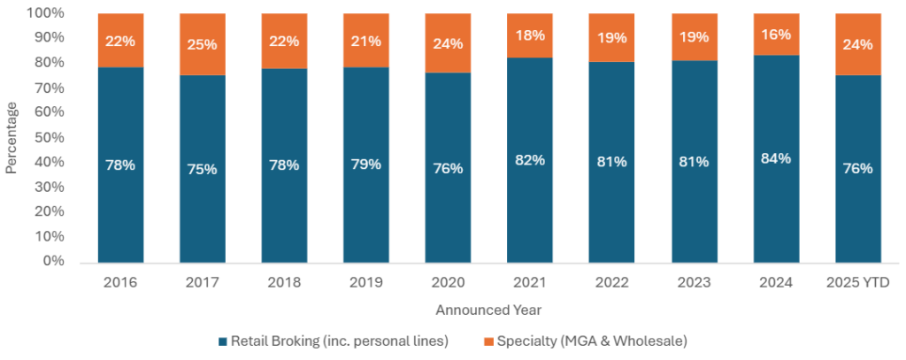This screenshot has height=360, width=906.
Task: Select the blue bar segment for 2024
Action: [x=776, y=203]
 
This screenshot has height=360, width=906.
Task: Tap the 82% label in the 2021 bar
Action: [x=530, y=160]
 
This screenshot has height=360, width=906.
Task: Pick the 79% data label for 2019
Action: [x=366, y=164]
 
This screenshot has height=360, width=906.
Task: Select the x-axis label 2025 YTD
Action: [x=857, y=282]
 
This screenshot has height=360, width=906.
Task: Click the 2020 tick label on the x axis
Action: [x=448, y=282]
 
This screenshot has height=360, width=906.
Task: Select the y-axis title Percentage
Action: [x=12, y=137]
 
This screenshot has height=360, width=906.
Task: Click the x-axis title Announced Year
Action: [x=488, y=310]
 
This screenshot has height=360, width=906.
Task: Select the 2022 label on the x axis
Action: [x=612, y=282]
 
